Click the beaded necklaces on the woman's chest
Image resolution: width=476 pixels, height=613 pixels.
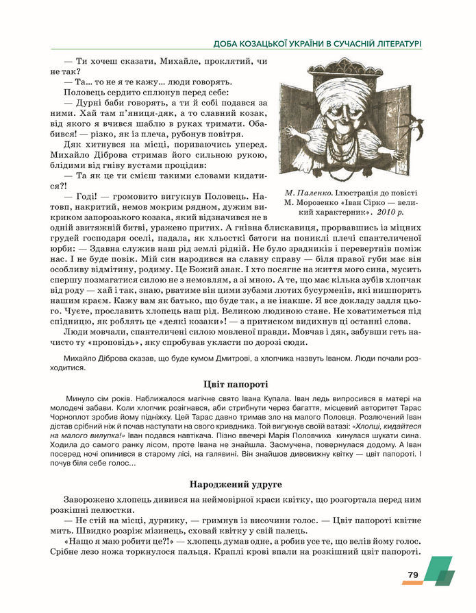coord(351,147)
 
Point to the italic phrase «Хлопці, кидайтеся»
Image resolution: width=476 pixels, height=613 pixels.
coord(384,426)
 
